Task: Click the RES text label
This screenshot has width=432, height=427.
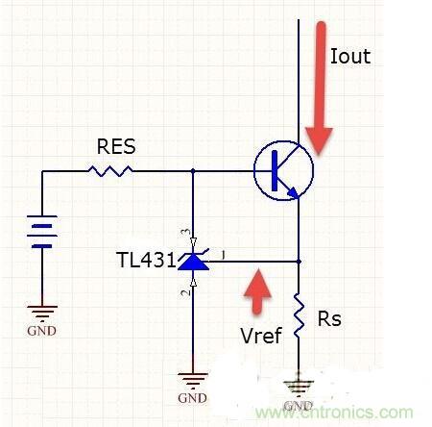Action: click(x=115, y=147)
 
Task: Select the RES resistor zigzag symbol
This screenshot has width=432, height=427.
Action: click(x=110, y=171)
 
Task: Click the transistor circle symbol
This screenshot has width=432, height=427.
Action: click(x=283, y=171)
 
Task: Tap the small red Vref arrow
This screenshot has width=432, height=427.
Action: click(x=254, y=291)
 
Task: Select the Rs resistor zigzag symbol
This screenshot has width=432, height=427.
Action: click(x=300, y=316)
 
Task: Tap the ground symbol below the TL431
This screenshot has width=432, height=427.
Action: click(x=194, y=381)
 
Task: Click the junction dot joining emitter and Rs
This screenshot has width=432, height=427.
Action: click(x=300, y=261)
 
